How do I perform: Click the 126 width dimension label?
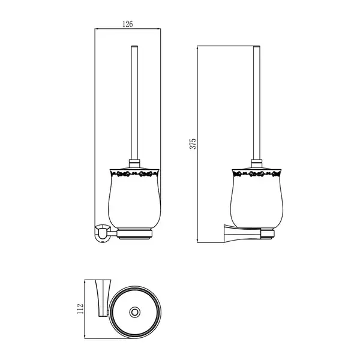tap(127, 24)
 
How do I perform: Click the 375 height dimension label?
tap(193, 144)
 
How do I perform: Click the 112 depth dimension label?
tap(80, 309)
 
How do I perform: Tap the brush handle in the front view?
tap(134, 103)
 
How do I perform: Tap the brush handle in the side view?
tap(257, 103)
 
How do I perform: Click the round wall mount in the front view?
tap(103, 234)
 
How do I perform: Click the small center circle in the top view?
tap(134, 312)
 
